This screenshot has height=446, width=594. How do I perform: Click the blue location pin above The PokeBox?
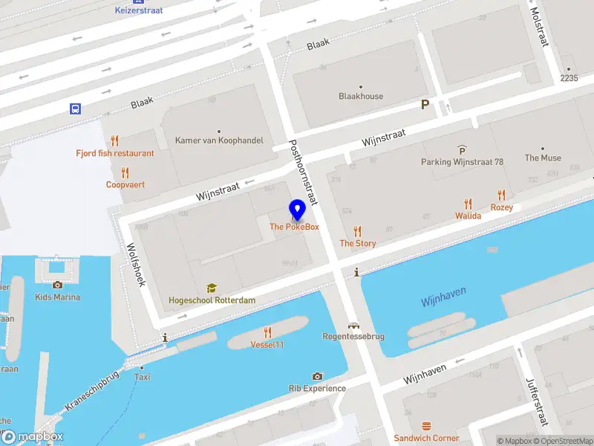(x=297, y=210)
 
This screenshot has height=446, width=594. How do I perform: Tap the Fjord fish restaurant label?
(x=115, y=153)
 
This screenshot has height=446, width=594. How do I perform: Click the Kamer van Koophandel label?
(x=219, y=140)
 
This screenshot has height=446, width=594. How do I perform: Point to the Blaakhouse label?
(x=361, y=96)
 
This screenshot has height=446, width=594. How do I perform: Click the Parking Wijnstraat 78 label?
(x=462, y=162)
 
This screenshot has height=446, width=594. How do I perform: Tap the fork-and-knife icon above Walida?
(x=468, y=204)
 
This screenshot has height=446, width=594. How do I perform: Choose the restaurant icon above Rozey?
(x=502, y=195)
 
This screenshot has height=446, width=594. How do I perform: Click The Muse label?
(x=543, y=158)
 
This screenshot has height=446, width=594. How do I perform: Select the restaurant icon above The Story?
(x=358, y=231)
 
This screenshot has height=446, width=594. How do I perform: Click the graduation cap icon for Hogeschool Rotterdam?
(x=212, y=288)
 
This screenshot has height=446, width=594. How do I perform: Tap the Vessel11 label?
(x=267, y=344)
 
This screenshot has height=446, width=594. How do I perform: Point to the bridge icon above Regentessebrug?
(x=353, y=326)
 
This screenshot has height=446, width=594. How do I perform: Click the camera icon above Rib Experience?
(x=317, y=377)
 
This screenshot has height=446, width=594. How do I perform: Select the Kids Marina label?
(x=58, y=297)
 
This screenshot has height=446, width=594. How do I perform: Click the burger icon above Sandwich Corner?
(x=426, y=427)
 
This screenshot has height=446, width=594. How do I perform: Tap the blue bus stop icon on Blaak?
(x=76, y=109)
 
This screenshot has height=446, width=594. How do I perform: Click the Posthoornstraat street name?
(x=303, y=172)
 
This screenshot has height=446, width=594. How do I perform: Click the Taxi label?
(x=142, y=377)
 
